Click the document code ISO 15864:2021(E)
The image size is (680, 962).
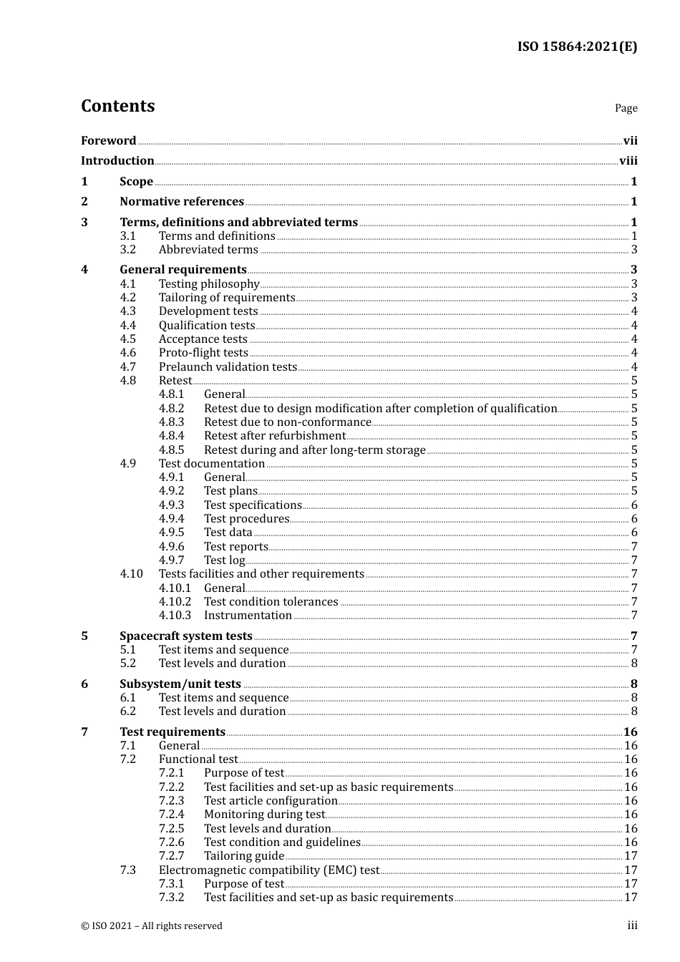[x=577, y=47]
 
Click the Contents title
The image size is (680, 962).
[x=117, y=106]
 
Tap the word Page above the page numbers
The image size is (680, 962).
[x=626, y=108]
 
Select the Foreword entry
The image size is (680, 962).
[x=108, y=141]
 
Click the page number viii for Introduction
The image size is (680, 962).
[x=628, y=161]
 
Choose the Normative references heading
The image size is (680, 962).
[x=182, y=202]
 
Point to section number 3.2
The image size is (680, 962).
[x=128, y=250]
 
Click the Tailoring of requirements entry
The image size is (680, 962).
[x=227, y=298]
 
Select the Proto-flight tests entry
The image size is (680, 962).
[x=203, y=353]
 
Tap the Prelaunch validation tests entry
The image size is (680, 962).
[x=228, y=367]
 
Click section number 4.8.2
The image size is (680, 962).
[x=172, y=409]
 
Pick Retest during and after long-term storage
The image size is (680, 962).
[x=315, y=450]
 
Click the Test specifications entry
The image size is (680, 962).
[x=253, y=505]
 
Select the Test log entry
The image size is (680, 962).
[x=224, y=560]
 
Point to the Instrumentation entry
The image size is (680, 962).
[x=248, y=616]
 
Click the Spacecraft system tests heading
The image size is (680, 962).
[x=186, y=636]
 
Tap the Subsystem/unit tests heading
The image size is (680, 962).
[x=180, y=684]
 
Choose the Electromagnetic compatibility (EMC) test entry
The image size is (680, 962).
[x=269, y=870]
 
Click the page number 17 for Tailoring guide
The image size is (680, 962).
[x=631, y=856]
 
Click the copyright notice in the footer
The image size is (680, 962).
[x=152, y=925]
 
